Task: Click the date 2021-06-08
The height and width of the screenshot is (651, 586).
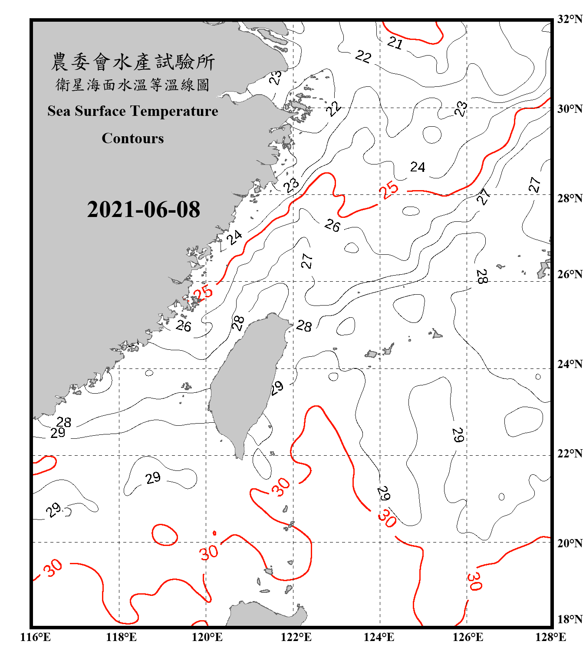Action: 143,209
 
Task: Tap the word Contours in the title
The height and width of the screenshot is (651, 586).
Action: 133,138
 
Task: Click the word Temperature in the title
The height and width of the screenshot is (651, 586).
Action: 174,111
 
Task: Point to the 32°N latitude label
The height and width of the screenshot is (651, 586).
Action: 570,19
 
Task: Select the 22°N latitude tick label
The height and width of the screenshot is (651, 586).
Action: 570,453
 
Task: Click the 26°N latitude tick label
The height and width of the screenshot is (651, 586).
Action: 570,274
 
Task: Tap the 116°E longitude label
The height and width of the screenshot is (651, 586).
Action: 35,637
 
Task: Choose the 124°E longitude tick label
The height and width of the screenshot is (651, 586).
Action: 379,637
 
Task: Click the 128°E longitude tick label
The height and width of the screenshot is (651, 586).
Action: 550,637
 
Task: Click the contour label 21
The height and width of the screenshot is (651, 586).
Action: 395,43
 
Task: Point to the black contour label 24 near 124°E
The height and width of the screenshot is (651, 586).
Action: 418,167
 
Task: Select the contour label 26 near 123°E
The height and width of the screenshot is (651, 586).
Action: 333,225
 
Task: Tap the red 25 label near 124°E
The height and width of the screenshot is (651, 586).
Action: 388,189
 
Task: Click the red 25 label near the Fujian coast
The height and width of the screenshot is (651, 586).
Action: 203,293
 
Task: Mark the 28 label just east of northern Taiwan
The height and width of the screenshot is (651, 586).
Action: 304,325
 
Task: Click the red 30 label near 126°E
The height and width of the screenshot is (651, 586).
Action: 474,581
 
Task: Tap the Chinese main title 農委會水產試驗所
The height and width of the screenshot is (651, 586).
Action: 133,62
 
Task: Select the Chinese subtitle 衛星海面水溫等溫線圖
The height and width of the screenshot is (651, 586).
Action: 133,85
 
